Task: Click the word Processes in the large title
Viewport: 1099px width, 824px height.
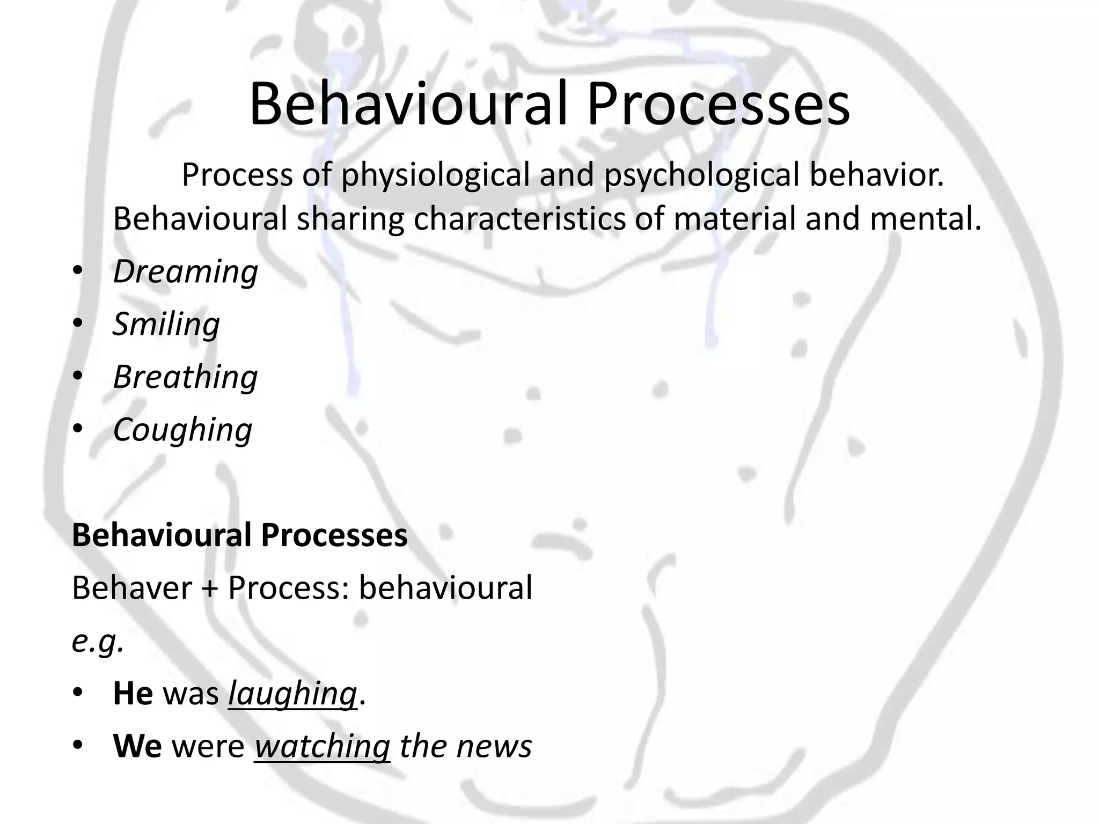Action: pyautogui.click(x=718, y=105)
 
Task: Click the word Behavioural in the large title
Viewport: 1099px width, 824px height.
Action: pyautogui.click(x=408, y=105)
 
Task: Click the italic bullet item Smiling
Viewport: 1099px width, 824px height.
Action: pyautogui.click(x=166, y=325)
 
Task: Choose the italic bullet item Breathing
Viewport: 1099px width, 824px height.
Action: pyautogui.click(x=186, y=377)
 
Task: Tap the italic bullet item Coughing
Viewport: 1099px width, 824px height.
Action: pyautogui.click(x=182, y=430)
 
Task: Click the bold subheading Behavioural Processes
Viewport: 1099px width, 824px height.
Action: pyautogui.click(x=240, y=535)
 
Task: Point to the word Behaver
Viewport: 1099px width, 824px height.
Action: pyautogui.click(x=131, y=588)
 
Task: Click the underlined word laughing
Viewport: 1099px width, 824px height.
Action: pyautogui.click(x=292, y=694)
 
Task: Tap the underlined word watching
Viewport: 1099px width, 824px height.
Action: pyautogui.click(x=322, y=746)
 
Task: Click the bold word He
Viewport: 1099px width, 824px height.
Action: pyautogui.click(x=133, y=694)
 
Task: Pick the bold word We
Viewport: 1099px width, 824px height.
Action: pyautogui.click(x=137, y=746)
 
